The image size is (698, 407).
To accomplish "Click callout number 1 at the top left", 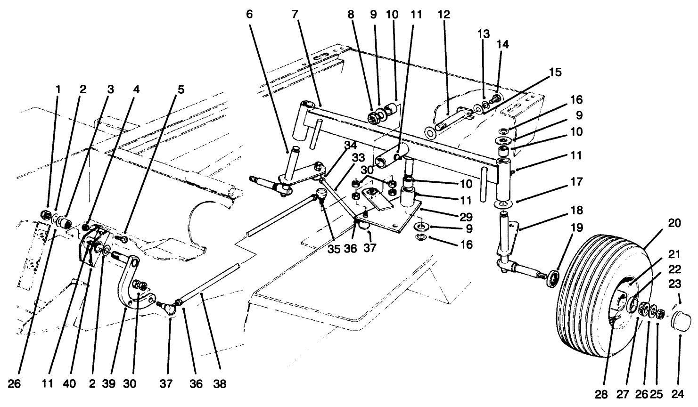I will click(58, 89).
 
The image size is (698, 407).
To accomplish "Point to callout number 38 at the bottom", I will click(219, 384).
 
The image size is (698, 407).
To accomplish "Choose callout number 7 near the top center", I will click(295, 15).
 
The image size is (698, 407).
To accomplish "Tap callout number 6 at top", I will click(249, 15).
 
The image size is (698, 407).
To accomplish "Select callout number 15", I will click(556, 73).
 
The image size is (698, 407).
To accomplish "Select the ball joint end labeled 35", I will click(321, 194).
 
